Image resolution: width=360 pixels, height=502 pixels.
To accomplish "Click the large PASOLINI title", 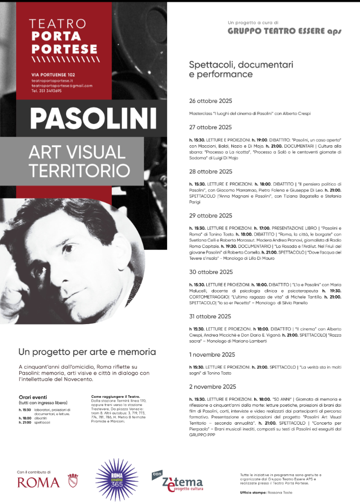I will tap(93, 118).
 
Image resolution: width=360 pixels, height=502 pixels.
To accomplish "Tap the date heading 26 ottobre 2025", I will tap(210, 101).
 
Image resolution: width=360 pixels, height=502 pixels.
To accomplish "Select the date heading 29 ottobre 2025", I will tap(210, 216).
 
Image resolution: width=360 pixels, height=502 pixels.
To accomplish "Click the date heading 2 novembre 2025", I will tap(213, 387).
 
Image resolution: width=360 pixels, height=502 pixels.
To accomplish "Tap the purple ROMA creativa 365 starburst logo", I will tap(117, 480).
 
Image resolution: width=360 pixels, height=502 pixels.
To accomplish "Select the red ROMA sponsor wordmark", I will tap(38, 482).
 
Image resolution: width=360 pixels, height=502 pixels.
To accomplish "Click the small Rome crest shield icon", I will tap(72, 481).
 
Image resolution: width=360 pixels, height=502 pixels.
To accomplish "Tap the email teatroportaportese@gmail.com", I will tap(62, 85).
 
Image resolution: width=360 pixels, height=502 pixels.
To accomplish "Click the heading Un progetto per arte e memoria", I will tap(87, 352).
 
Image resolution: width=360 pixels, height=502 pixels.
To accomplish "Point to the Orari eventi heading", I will tap(33, 397).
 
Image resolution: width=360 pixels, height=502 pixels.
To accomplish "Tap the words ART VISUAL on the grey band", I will tap(77, 152).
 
